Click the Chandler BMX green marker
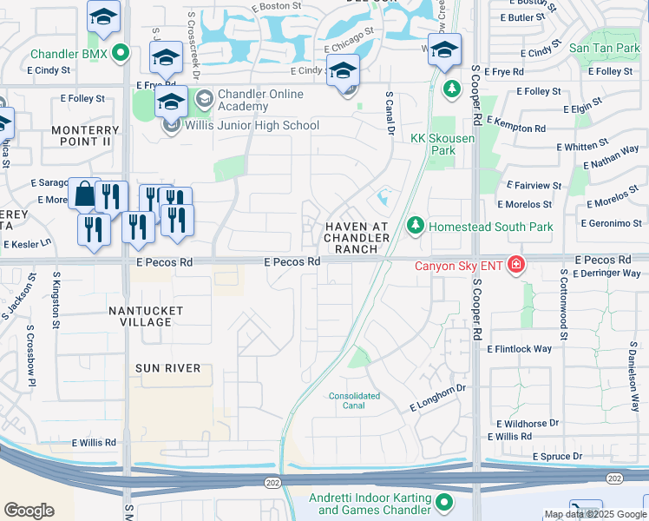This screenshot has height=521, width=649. tap(121, 54)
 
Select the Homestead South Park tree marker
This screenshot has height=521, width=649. tap(416, 227)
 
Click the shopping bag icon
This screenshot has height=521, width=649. tap(84, 195)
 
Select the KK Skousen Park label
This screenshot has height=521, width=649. tap(444, 144)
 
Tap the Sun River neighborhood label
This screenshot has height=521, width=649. tap(167, 368)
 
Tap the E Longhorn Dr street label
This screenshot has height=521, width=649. tap(438, 399)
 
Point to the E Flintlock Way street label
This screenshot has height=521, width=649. tap(519, 349)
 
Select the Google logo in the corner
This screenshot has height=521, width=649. tap(29, 510)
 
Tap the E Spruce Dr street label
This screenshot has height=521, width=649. tap(547, 455)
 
